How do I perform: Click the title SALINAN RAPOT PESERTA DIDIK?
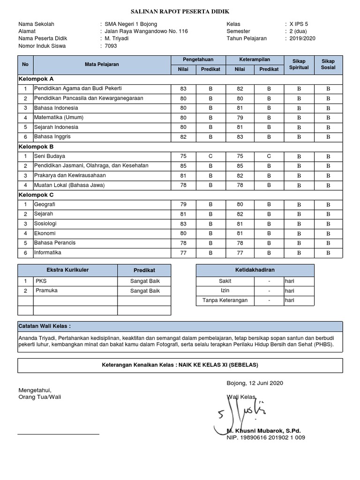180,11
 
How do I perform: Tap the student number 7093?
111,46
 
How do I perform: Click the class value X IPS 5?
299,23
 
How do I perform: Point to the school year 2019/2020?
302,38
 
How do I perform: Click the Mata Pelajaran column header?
102,64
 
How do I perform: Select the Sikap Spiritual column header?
299,64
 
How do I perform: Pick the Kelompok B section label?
36,146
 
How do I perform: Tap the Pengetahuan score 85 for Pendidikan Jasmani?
183,165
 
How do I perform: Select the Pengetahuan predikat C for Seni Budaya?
210,156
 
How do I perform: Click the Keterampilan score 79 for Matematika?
240,117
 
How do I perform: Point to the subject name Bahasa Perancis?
54,243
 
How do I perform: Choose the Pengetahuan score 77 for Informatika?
183,253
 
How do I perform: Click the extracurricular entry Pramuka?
46,291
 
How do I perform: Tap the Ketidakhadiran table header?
255,270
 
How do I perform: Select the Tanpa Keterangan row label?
225,300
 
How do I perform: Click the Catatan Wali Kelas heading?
45,326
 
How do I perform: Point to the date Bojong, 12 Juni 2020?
255,383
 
